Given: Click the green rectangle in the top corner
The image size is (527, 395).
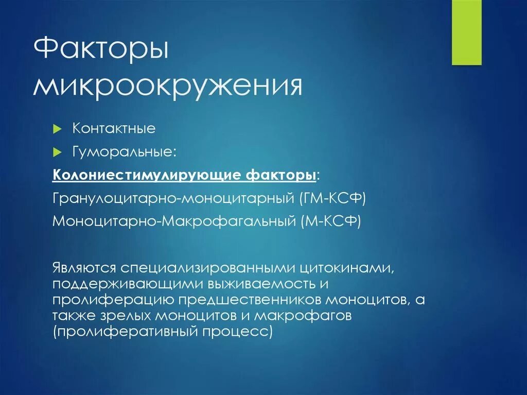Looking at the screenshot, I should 466,32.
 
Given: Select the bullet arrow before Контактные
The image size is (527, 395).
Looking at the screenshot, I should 58,128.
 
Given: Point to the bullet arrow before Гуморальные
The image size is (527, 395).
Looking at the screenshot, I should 58,152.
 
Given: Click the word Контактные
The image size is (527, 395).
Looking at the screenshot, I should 114,128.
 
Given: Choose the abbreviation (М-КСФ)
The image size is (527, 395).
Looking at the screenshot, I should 328,221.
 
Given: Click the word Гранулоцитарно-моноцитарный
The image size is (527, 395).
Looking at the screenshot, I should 173,198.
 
